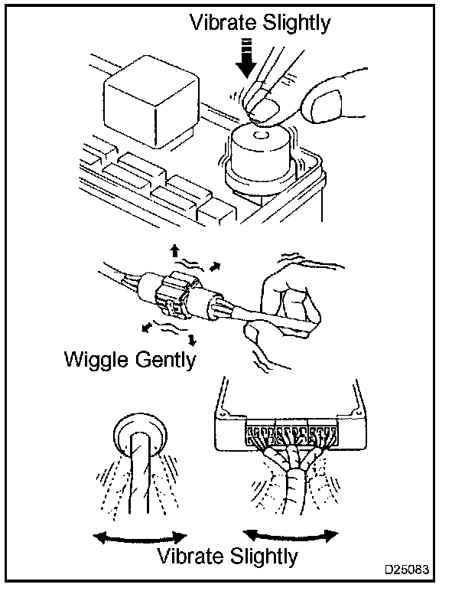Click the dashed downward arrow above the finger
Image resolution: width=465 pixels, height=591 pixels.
(246, 59)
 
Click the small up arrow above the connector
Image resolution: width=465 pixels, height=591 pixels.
(174, 250)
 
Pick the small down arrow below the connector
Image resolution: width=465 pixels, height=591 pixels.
(193, 339)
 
